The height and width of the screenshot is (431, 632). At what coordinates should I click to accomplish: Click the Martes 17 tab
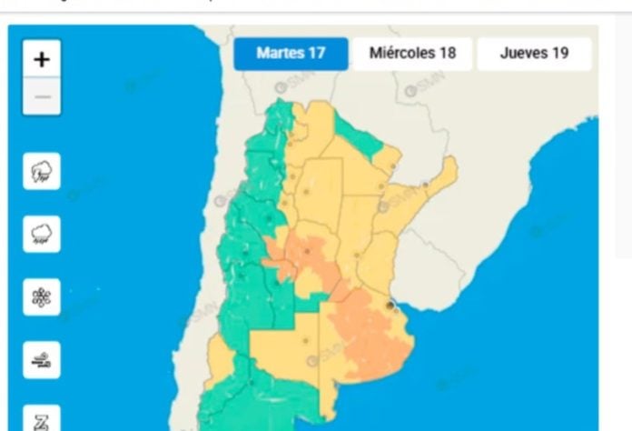pyautogui.click(x=291, y=54)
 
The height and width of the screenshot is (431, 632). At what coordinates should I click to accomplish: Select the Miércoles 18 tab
pyautogui.click(x=412, y=54)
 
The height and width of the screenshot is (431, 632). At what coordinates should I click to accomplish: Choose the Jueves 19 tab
pyautogui.click(x=534, y=54)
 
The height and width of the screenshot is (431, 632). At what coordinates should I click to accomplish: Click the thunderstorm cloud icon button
pyautogui.click(x=42, y=171)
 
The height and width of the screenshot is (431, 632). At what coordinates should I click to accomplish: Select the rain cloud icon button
pyautogui.click(x=42, y=234)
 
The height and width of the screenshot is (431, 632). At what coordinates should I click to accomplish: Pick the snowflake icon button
pyautogui.click(x=42, y=297)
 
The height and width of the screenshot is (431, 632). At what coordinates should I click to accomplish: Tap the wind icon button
pyautogui.click(x=42, y=360)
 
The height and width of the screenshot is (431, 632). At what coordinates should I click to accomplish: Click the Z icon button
pyautogui.click(x=42, y=419)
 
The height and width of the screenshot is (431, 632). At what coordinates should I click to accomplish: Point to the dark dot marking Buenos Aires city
pyautogui.click(x=390, y=306)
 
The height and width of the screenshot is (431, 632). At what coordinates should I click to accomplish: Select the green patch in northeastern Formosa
pyautogui.click(x=360, y=136)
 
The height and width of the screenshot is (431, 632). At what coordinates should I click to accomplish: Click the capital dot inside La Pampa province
pyautogui.click(x=305, y=342)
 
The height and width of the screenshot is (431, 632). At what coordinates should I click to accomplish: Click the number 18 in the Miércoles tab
pyautogui.click(x=447, y=54)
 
